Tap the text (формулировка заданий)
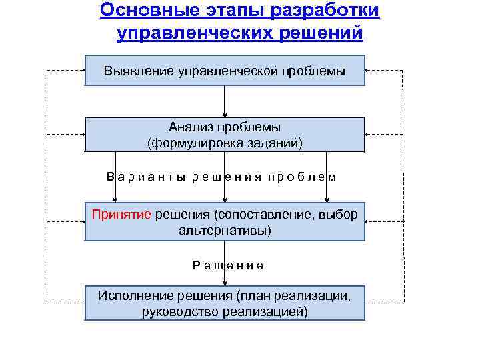pos(225,142)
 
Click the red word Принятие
pos(122,215)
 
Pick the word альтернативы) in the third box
pos(225,230)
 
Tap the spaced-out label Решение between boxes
pos(227,265)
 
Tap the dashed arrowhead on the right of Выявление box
pos(369,70)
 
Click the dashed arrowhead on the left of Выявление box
pos(81,69)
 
